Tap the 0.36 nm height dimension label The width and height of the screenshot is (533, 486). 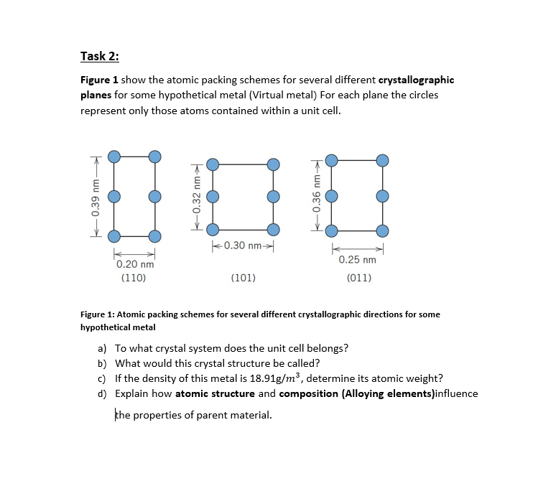tap(314, 195)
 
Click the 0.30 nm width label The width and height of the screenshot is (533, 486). tap(241, 246)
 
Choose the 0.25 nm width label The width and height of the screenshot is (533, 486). tap(358, 259)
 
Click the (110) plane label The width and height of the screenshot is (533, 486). tap(134, 277)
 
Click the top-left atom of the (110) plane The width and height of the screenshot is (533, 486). tap(113, 156)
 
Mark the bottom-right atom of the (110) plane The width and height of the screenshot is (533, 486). tap(154, 236)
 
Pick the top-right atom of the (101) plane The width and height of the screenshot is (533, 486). tap(272, 164)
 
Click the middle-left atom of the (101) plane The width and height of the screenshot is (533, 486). tap(212, 196)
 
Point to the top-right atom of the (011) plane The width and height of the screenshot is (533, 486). tap(382, 159)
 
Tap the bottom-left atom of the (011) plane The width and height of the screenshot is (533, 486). tap(331, 231)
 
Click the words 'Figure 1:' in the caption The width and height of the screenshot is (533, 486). tap(96, 314)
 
